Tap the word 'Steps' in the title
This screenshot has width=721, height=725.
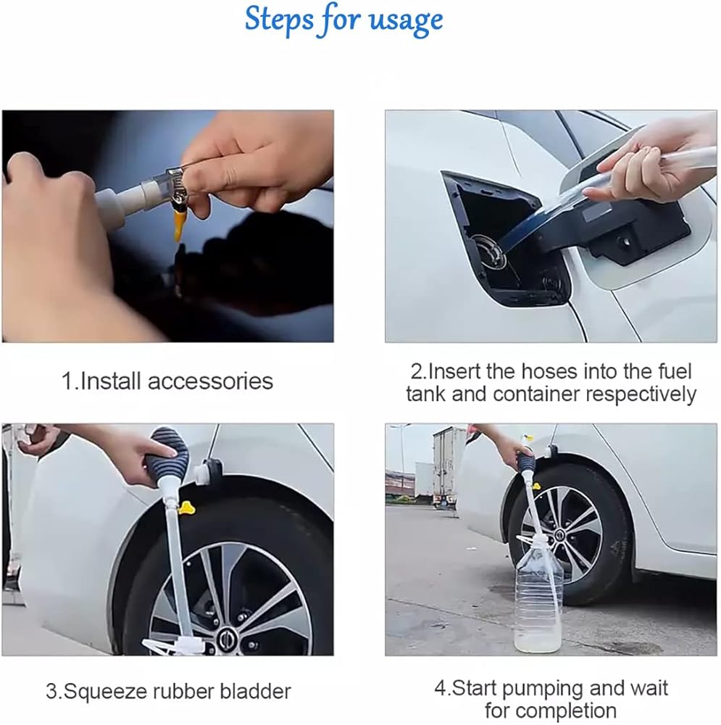click(279, 19)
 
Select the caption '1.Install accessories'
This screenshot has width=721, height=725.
click(167, 381)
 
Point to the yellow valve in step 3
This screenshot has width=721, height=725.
click(188, 508)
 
